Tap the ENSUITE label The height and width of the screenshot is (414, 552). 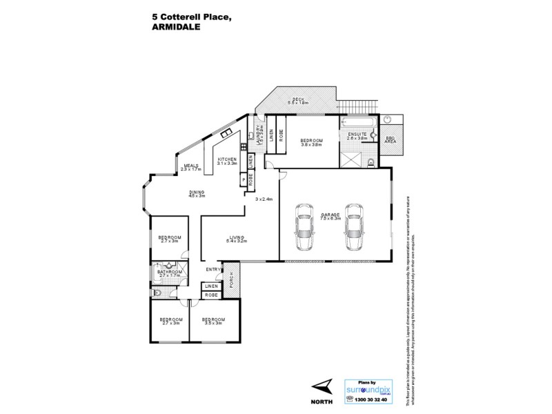(x=356, y=135)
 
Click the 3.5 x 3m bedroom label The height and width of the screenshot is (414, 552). (x=213, y=321)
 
